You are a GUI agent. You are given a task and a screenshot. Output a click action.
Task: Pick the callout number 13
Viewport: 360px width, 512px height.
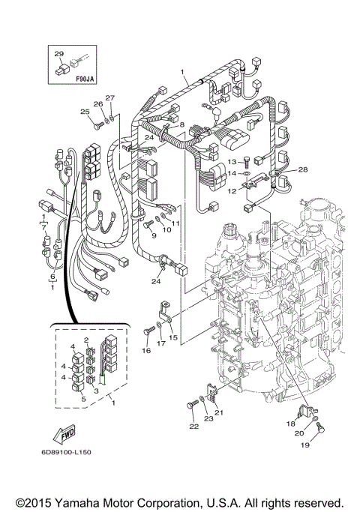233,160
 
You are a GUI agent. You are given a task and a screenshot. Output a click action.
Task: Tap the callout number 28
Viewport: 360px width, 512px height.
302,171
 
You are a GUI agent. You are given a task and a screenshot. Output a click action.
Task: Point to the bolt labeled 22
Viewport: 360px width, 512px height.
187,406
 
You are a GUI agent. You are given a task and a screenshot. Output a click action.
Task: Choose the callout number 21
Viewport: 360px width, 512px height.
220,412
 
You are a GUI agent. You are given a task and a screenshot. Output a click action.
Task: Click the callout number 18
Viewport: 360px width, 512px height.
289,424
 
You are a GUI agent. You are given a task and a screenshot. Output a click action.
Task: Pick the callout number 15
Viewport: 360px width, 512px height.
172,337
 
